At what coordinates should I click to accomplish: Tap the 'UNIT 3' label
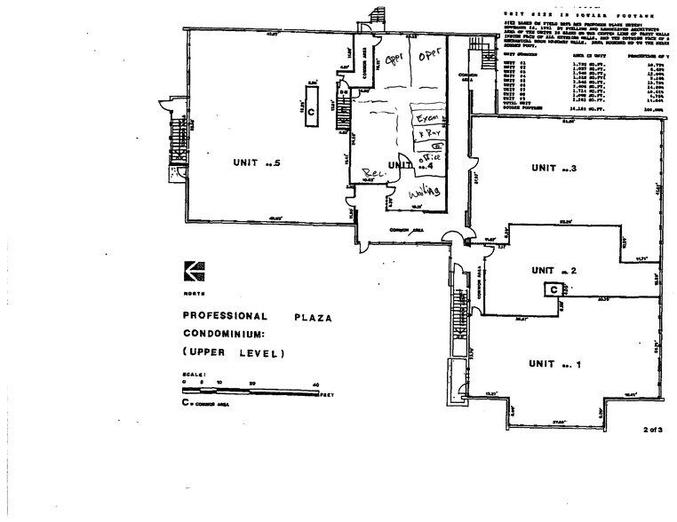(554, 167)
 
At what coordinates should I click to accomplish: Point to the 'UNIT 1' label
(555, 364)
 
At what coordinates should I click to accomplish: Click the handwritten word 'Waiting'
(425, 193)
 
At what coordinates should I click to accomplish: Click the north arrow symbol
(192, 270)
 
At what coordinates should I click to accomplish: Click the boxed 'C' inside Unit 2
(553, 289)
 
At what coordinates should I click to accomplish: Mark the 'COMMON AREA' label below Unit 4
(408, 231)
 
